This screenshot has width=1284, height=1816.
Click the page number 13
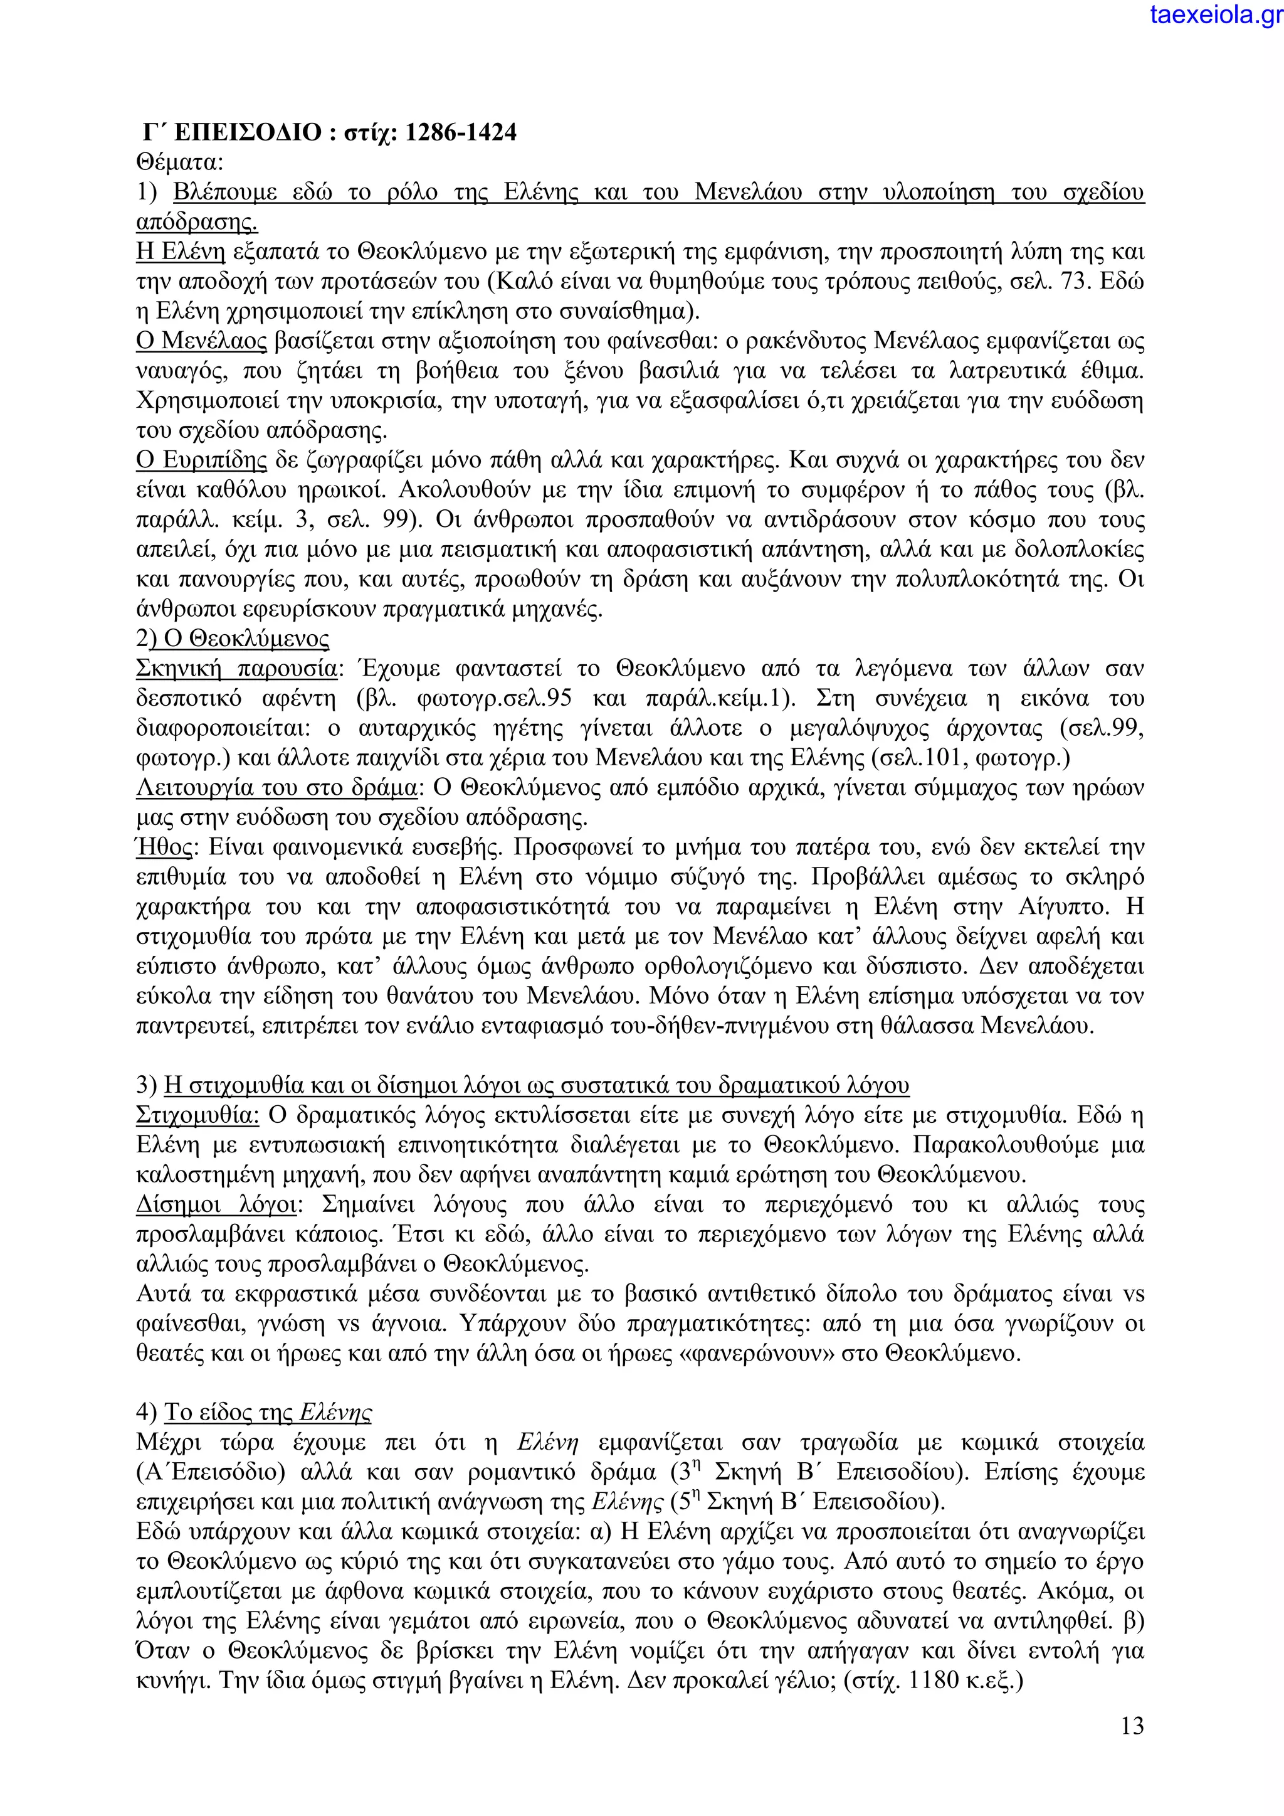1132,1725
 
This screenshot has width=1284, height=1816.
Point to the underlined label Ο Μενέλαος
202,341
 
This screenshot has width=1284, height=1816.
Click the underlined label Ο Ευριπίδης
202,460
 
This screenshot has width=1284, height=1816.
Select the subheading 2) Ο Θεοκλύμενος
233,639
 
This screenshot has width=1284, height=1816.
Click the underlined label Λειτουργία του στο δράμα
276,788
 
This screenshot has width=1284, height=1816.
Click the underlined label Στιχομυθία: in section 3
197,1115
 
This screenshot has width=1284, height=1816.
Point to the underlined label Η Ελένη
181,252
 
